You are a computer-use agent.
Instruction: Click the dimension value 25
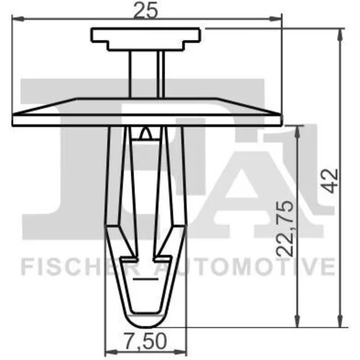pyautogui.click(x=145, y=11)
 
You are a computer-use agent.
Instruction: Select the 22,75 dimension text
pyautogui.click(x=285, y=229)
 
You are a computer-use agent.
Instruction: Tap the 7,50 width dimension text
pyautogui.click(x=145, y=341)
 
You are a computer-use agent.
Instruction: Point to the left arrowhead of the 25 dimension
pyautogui.click(x=18, y=19)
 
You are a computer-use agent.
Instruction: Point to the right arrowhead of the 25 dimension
pyautogui.click(x=275, y=19)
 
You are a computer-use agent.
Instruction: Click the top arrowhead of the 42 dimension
pyautogui.click(x=340, y=35)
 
